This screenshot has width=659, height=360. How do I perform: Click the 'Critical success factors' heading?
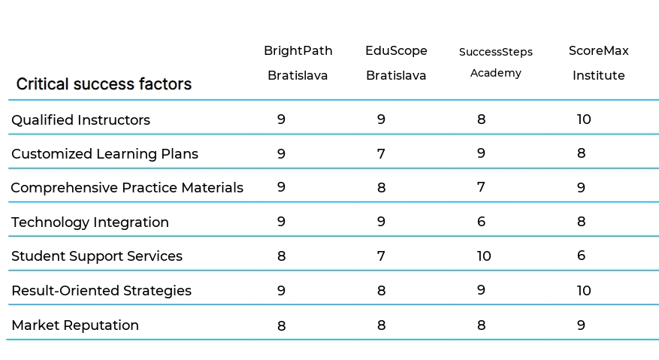click(104, 84)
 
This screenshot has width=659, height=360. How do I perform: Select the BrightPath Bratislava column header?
click(298, 63)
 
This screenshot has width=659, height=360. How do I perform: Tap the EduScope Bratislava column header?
click(396, 63)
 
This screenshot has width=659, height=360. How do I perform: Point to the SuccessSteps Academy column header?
click(495, 62)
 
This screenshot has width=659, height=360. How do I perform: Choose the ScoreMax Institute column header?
click(598, 63)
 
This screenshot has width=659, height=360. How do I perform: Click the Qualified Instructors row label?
click(80, 120)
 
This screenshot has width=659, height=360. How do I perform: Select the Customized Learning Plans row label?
click(104, 154)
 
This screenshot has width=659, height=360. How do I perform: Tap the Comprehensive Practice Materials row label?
click(127, 188)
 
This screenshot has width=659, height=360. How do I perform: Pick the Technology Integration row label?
click(89, 222)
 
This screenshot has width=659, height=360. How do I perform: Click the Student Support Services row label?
click(96, 256)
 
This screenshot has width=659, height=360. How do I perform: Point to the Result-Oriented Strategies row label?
click(101, 291)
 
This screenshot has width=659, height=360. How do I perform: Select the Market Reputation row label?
click(74, 325)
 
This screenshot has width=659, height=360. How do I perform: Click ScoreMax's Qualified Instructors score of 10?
click(584, 119)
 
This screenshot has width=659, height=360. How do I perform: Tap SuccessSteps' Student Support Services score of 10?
click(484, 256)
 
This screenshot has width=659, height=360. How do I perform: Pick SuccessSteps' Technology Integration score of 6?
click(481, 222)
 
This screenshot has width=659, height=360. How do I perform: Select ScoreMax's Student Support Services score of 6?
click(581, 256)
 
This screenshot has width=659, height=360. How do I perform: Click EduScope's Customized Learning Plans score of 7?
click(381, 154)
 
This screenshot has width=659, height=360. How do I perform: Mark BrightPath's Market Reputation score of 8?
click(281, 325)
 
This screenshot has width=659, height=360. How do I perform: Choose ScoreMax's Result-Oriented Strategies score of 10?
click(584, 291)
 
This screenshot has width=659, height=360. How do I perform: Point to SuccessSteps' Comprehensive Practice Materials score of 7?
click(481, 187)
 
